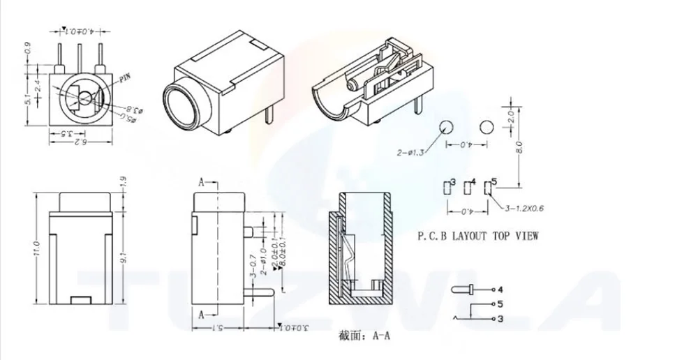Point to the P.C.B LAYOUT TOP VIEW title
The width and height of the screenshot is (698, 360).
477,236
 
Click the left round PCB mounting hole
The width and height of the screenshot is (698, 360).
446,127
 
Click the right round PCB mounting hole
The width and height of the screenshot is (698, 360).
487,127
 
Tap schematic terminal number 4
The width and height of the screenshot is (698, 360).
500,288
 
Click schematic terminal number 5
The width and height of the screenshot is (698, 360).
500,303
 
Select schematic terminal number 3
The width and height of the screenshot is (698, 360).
500,319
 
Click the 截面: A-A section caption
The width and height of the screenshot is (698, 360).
364,336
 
